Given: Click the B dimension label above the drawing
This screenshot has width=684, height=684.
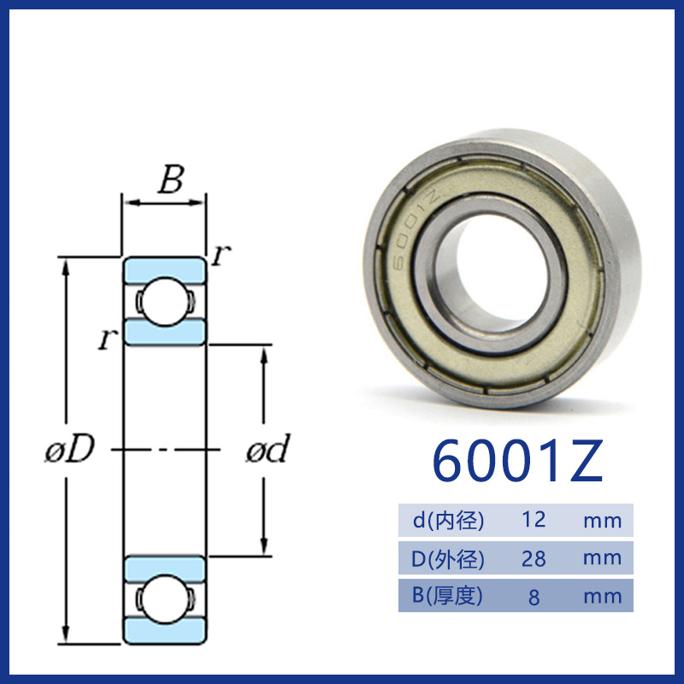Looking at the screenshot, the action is pyautogui.click(x=170, y=180).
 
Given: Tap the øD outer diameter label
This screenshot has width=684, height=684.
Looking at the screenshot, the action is pyautogui.click(x=70, y=449).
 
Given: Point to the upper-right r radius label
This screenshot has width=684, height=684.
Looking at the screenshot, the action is pyautogui.click(x=221, y=255).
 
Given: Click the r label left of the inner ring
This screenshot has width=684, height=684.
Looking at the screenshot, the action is pyautogui.click(x=108, y=339).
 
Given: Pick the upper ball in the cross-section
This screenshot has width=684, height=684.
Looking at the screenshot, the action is pyautogui.click(x=164, y=301).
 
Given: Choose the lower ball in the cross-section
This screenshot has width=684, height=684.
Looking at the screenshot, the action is pyautogui.click(x=164, y=599).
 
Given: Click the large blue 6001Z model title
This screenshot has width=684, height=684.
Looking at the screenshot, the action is pyautogui.click(x=518, y=461).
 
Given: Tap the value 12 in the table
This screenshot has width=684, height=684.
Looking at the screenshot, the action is pyautogui.click(x=534, y=520).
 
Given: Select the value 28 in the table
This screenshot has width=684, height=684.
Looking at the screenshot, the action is pyautogui.click(x=534, y=558).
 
